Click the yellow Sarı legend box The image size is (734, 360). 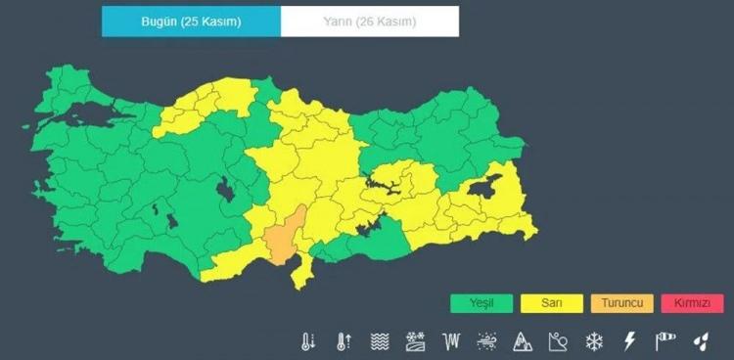click(551, 303)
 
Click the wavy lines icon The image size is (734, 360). click(380, 341)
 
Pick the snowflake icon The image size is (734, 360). click(593, 341)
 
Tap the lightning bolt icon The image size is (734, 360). click(629, 341)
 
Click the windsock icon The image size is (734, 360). click(665, 341)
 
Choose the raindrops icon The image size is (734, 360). click(701, 341)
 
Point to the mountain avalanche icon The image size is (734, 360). click(523, 341)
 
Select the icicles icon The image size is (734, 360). click(451, 341)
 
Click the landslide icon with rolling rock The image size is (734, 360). click(558, 341)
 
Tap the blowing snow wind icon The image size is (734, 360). click(486, 341)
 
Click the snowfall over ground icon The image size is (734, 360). click(415, 341)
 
